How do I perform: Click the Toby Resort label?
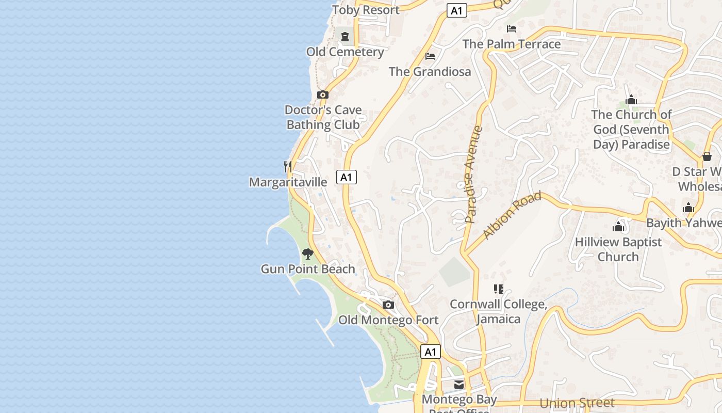click(x=366, y=10)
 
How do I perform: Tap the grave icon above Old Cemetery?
click(x=344, y=37)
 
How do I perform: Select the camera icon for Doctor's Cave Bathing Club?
click(x=323, y=94)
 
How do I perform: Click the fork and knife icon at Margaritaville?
click(x=288, y=167)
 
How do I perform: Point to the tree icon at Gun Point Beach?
click(x=308, y=253)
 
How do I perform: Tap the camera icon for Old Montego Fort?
click(x=388, y=305)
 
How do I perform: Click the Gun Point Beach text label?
click(x=308, y=269)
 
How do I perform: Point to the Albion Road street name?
click(x=512, y=215)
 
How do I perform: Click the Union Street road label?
click(x=577, y=403)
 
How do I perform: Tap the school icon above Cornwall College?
click(x=498, y=289)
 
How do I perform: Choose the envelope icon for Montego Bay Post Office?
click(x=459, y=385)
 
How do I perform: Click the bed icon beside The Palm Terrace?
click(x=512, y=28)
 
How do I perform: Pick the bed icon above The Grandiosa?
click(x=430, y=56)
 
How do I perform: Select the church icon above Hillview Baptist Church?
click(x=618, y=226)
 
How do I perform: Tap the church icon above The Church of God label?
click(x=631, y=100)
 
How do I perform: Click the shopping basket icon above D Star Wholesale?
click(x=707, y=156)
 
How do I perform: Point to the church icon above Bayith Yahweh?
click(x=688, y=208)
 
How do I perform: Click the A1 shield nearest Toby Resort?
click(x=457, y=10)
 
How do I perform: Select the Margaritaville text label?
click(x=288, y=182)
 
